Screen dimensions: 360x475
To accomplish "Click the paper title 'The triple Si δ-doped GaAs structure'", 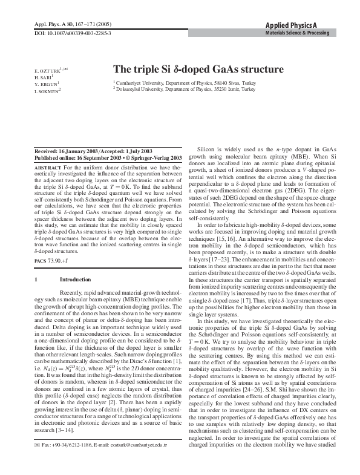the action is click(x=198, y=70).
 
